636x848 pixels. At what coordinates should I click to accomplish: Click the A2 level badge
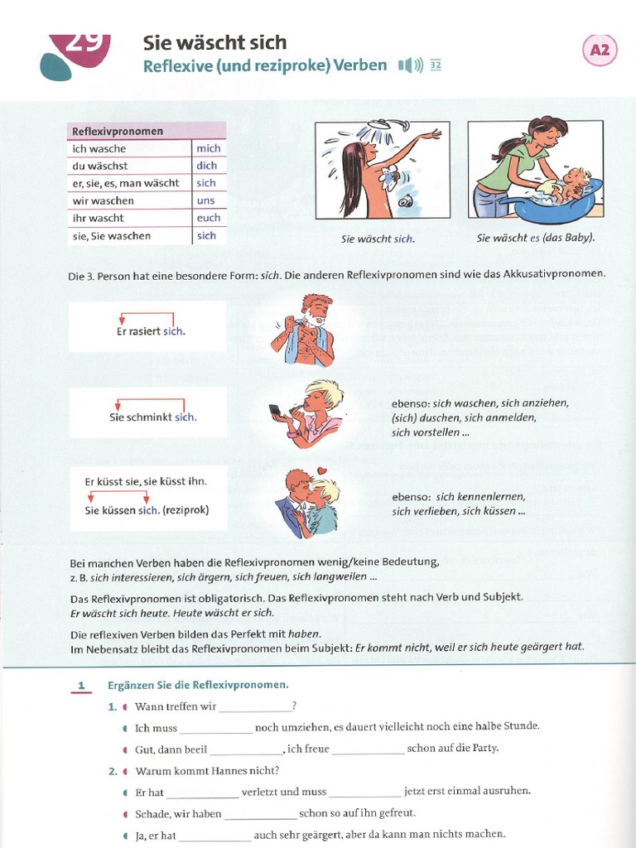point(600,51)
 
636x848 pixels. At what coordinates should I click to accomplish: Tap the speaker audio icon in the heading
point(410,65)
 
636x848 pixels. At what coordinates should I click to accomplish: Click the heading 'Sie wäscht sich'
point(214,42)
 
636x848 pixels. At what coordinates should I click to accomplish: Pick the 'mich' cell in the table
point(208,148)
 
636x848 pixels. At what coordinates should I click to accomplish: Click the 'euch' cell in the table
point(209,218)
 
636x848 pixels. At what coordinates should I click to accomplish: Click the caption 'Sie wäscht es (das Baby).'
point(536,238)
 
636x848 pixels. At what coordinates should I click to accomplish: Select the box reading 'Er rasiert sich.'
point(147,326)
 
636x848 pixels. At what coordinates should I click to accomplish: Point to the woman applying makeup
point(308,413)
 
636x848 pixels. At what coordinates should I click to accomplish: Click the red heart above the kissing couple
point(325,472)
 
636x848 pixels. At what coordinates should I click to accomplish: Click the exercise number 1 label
point(81,686)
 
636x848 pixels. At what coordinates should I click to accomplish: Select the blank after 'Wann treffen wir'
point(255,707)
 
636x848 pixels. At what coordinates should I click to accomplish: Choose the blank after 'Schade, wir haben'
point(260,814)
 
